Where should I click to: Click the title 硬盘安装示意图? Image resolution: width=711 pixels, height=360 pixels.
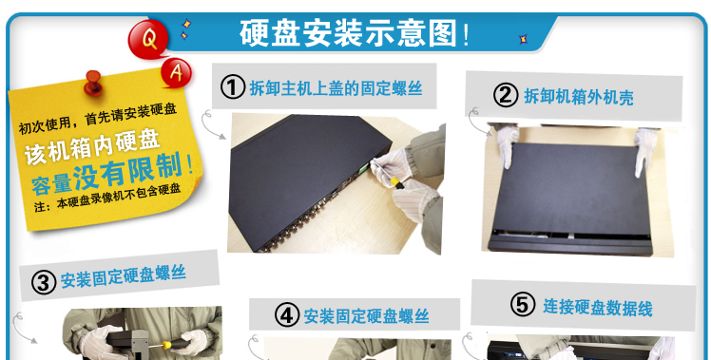pyautogui.click(x=348, y=33)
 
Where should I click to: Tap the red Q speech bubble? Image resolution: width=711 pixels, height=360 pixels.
pyautogui.click(x=148, y=40)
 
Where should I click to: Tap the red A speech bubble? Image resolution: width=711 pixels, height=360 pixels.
pyautogui.click(x=176, y=72)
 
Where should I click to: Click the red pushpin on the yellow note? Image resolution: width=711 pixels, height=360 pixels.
pyautogui.click(x=93, y=83)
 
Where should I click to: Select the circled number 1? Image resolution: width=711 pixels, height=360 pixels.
pyautogui.click(x=233, y=87)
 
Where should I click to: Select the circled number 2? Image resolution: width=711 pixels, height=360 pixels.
pyautogui.click(x=506, y=95)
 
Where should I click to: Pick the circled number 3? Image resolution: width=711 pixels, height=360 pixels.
pyautogui.click(x=44, y=283)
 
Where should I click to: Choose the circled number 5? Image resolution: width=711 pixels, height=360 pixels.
pyautogui.click(x=523, y=304)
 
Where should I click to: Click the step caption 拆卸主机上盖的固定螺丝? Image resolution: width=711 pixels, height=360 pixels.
pyautogui.click(x=336, y=88)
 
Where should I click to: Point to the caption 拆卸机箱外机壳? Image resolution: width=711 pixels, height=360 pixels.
pyautogui.click(x=579, y=97)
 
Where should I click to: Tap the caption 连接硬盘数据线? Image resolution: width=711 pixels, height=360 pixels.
pyautogui.click(x=598, y=308)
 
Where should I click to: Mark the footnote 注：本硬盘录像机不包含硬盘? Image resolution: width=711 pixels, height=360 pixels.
pyautogui.click(x=107, y=198)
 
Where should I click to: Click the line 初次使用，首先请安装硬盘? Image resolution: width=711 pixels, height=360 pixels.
pyautogui.click(x=98, y=118)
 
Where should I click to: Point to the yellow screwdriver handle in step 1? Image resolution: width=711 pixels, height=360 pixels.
pyautogui.click(x=395, y=182)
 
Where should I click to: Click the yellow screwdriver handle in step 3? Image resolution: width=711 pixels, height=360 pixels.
pyautogui.click(x=167, y=345)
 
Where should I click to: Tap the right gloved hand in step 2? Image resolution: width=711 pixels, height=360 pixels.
pyautogui.click(x=645, y=150)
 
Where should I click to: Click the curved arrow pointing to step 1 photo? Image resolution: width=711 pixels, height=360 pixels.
pyautogui.click(x=210, y=123)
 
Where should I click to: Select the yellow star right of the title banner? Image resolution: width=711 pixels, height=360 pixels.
pyautogui.click(x=523, y=40)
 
